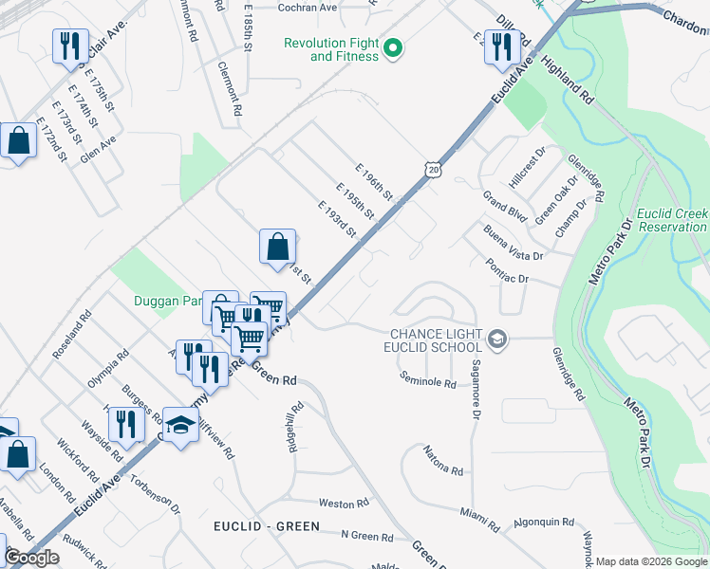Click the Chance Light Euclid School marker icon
(x=495, y=339)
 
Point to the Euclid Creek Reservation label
(x=672, y=220)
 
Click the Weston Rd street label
(x=343, y=504)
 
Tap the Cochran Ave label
(x=308, y=8)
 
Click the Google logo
(x=31, y=558)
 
